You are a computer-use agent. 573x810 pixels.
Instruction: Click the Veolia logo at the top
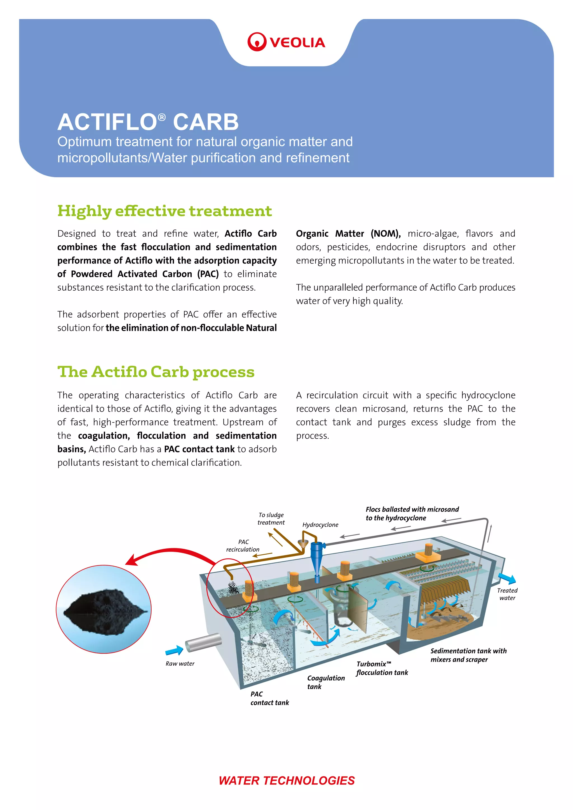tap(286, 42)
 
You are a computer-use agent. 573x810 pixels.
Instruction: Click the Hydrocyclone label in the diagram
tap(320, 525)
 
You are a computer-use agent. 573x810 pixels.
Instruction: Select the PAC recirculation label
tap(243, 545)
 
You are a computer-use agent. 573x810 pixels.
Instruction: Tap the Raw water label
tap(180, 664)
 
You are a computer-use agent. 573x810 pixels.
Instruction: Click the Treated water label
tap(507, 594)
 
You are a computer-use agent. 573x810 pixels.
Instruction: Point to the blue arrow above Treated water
tap(507, 579)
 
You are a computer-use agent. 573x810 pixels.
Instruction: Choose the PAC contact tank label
tap(269, 698)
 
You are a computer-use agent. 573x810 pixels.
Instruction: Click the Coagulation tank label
tap(325, 682)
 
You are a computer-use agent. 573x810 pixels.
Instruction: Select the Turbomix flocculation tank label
tap(382, 668)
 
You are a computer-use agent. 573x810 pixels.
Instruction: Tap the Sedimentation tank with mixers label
tap(468, 655)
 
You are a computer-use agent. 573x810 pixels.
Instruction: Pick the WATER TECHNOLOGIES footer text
tap(286, 780)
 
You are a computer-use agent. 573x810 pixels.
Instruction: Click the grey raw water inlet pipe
tap(203, 642)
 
